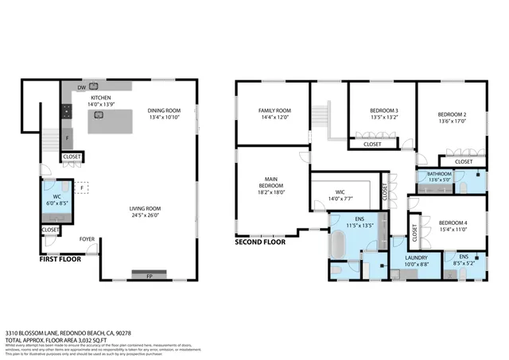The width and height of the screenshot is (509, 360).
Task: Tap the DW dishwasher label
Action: [81, 87]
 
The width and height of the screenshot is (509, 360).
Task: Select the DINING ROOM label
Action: [164, 111]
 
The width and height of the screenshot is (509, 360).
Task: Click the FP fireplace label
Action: [149, 276]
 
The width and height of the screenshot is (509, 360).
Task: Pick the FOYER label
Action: [87, 238]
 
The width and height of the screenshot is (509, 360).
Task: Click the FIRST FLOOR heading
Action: [60, 258]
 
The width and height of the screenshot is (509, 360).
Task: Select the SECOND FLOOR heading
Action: [260, 242]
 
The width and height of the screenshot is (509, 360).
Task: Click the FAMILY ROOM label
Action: [274, 111]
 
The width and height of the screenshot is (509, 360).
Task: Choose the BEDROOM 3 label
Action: [384, 111]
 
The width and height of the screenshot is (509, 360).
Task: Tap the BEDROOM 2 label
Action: [453, 114]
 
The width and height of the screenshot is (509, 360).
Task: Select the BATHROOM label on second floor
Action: [439, 173]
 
